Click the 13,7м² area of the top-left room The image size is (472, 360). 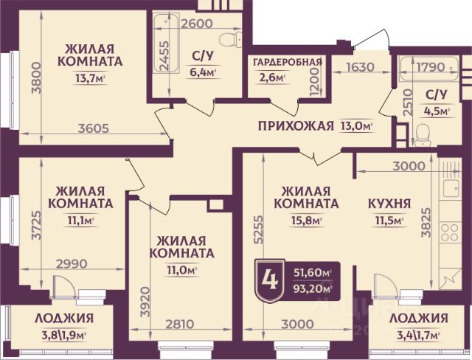90,78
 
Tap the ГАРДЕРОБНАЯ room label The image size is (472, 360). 288,62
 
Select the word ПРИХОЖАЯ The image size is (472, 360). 296,126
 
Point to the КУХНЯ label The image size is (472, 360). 389,203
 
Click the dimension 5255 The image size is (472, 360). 258,229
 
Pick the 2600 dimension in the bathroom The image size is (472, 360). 196,24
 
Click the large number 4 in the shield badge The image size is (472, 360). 270,280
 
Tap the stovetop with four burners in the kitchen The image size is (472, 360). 450,232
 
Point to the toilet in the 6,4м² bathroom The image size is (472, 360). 230,39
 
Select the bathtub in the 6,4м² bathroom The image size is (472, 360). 166,43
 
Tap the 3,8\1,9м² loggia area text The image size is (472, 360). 64,336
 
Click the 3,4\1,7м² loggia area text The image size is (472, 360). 418,336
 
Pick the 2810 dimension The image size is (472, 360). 180,324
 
